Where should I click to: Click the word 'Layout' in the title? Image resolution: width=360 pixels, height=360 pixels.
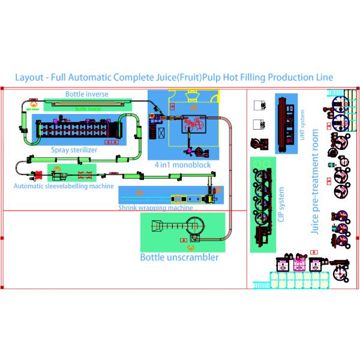pyautogui.click(x=29, y=78)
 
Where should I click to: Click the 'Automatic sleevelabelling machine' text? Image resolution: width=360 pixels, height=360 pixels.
pyautogui.click(x=64, y=186)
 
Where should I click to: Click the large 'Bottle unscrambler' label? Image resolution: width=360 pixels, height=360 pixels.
pyautogui.click(x=179, y=257)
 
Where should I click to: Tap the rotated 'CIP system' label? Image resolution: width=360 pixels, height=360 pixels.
pyautogui.click(x=280, y=205)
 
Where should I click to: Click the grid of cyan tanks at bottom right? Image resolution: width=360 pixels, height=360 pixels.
pyautogui.click(x=300, y=279)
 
